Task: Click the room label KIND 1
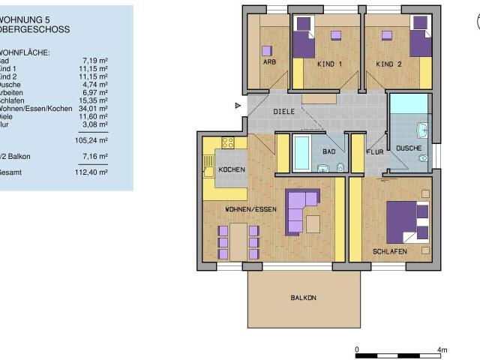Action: [x=329, y=64]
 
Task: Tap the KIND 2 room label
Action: [x=388, y=64]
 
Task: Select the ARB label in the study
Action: [x=269, y=61]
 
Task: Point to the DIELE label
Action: [x=283, y=111]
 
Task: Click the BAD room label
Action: [x=328, y=151]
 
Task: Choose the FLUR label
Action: [x=374, y=151]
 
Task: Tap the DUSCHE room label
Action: [x=409, y=148]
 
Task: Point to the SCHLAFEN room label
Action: [x=389, y=252]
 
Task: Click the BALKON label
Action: [x=304, y=298]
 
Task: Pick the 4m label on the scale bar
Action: [x=442, y=349]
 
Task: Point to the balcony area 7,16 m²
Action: [x=94, y=156]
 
